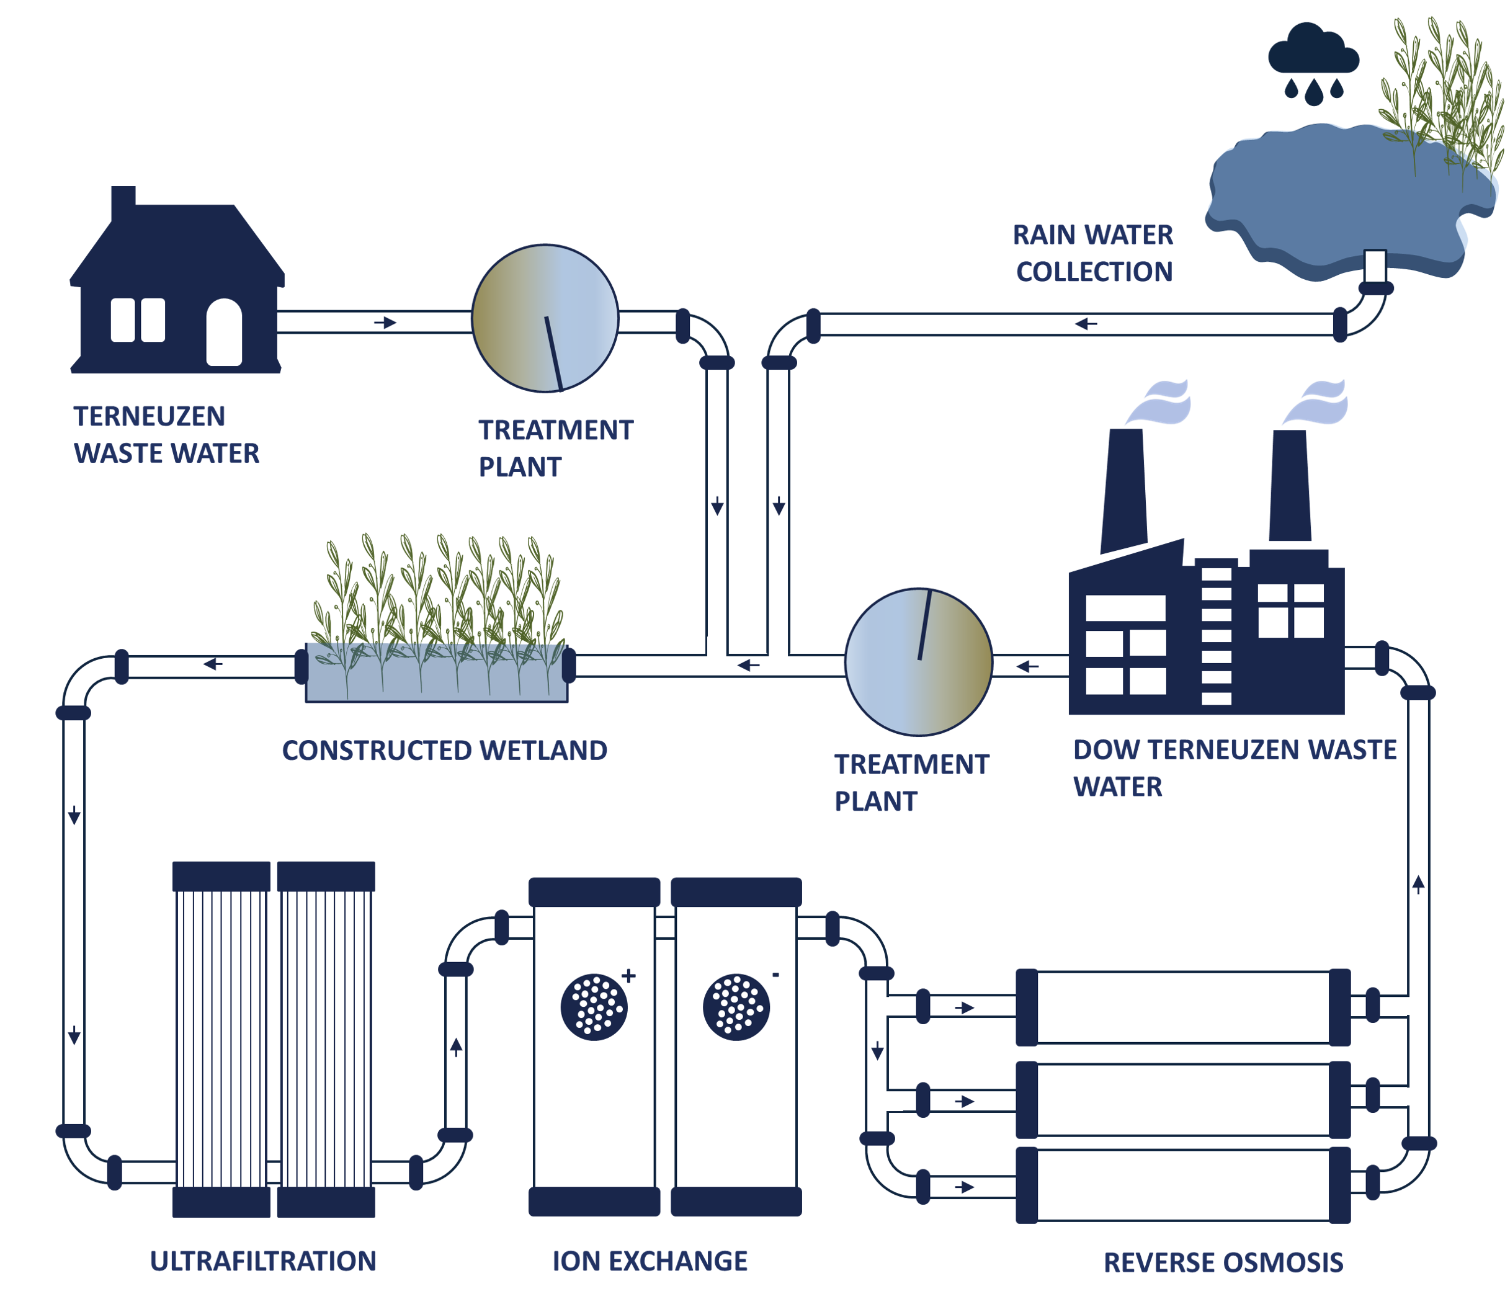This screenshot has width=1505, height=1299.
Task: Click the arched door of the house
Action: [x=224, y=332]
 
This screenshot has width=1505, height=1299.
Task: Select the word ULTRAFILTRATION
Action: [x=263, y=1262]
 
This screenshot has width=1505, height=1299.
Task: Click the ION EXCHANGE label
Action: [x=650, y=1262]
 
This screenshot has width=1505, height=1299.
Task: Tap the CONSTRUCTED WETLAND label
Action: [x=445, y=751]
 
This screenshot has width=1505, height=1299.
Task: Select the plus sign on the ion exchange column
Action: [x=629, y=976]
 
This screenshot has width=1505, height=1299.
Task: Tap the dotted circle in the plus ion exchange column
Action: [x=594, y=1006]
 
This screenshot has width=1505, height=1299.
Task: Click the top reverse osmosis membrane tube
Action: [x=1182, y=1007]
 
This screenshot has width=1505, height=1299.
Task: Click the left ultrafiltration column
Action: [x=221, y=1039]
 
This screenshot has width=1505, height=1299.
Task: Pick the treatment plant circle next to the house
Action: [x=545, y=318]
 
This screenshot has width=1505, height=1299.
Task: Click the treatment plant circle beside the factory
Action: [x=919, y=662]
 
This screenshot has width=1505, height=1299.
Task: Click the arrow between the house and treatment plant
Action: [x=386, y=323]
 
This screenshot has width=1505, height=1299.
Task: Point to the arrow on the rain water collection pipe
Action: [x=1086, y=324]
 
